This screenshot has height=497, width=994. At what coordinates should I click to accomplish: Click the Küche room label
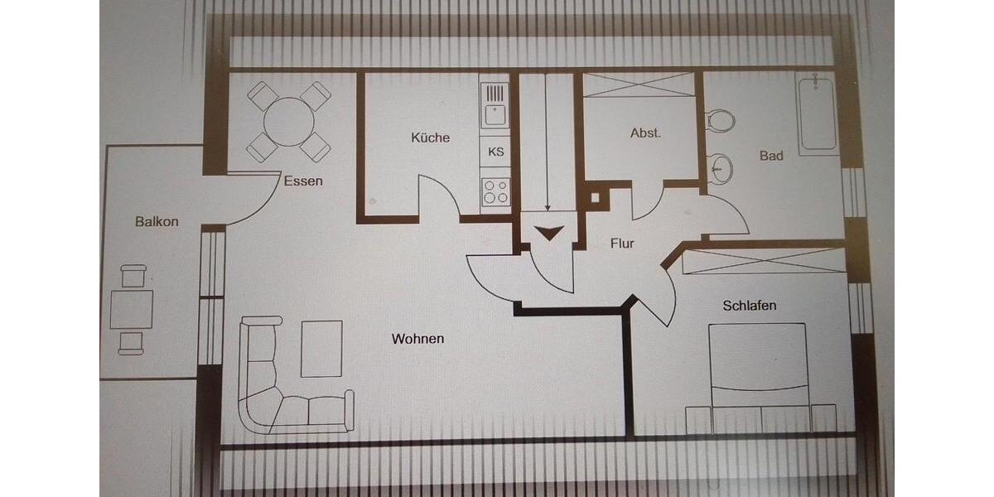pos(431,138)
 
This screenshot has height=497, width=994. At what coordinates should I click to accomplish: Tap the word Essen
pos(303,181)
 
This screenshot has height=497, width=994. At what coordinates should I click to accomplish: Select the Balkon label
pos(157,221)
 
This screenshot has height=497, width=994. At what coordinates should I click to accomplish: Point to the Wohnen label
pos(418,339)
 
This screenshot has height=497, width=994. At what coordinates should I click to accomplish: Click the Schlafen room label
pos(750,306)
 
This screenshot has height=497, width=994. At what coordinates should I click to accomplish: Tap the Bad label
pos(771,156)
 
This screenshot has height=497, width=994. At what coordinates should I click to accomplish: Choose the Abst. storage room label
pos(646,133)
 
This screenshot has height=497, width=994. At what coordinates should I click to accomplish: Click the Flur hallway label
pos(622,244)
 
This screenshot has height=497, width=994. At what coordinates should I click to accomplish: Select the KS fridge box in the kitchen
pos(496,152)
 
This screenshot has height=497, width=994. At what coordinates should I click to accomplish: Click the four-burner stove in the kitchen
pos(496,192)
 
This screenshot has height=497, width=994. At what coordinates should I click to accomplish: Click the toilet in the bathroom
pos(720,121)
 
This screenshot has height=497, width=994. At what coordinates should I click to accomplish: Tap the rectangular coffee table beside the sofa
pos(321,348)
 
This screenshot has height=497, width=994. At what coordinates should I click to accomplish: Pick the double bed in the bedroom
pos(758,373)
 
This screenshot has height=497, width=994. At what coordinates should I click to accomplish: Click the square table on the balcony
pos(133,309)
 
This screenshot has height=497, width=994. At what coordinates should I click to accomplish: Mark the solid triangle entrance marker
pos(548,233)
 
